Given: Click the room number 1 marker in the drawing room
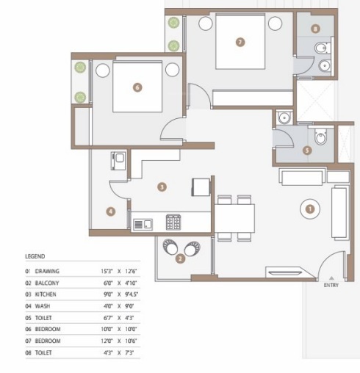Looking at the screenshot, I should [x=309, y=209].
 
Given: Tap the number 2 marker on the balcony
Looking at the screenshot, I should [x=181, y=257].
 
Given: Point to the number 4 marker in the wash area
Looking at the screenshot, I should [x=110, y=211].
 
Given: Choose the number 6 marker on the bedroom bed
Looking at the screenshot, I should [x=137, y=87].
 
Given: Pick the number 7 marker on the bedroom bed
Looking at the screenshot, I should [x=240, y=42].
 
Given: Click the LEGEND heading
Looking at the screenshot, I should [x=35, y=256].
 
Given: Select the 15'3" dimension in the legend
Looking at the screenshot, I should [x=107, y=271].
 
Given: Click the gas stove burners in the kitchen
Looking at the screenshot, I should [x=174, y=221].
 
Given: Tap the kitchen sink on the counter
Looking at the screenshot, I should [x=147, y=223].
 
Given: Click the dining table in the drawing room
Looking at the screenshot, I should [x=235, y=217].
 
